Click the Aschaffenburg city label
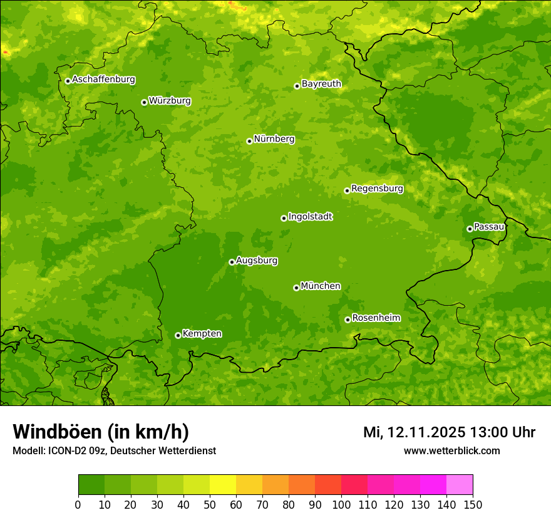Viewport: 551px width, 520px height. pos(103,80)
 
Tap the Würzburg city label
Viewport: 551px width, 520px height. pos(170,101)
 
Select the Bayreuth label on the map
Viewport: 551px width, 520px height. pos(321,84)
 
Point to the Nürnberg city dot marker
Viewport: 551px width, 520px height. pos(249,141)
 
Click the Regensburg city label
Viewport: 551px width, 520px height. pos(377,189)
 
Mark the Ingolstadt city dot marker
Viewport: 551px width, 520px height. pos(284,218)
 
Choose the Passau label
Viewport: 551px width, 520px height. pos(489,227)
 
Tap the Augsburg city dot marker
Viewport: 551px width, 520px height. pos(232,262)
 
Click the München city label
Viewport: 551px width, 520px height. pos(321,286)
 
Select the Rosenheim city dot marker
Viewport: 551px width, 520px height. pos(348,320)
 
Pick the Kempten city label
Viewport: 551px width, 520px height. pos(202,334)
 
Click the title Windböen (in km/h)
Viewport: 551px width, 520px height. pos(101,432)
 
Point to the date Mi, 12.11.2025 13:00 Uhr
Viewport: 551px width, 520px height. pos(449,432)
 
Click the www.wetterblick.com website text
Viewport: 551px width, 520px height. pos(451,450)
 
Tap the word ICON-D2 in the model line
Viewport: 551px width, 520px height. pos(65,450)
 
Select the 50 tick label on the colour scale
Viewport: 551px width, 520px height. pos(210,504)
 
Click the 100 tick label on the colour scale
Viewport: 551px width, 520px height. pos(341,504)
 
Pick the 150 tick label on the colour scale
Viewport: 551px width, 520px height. pos(473,504)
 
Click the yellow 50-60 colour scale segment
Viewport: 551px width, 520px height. pos(223,485)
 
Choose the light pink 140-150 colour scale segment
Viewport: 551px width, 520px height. pos(460,485)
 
